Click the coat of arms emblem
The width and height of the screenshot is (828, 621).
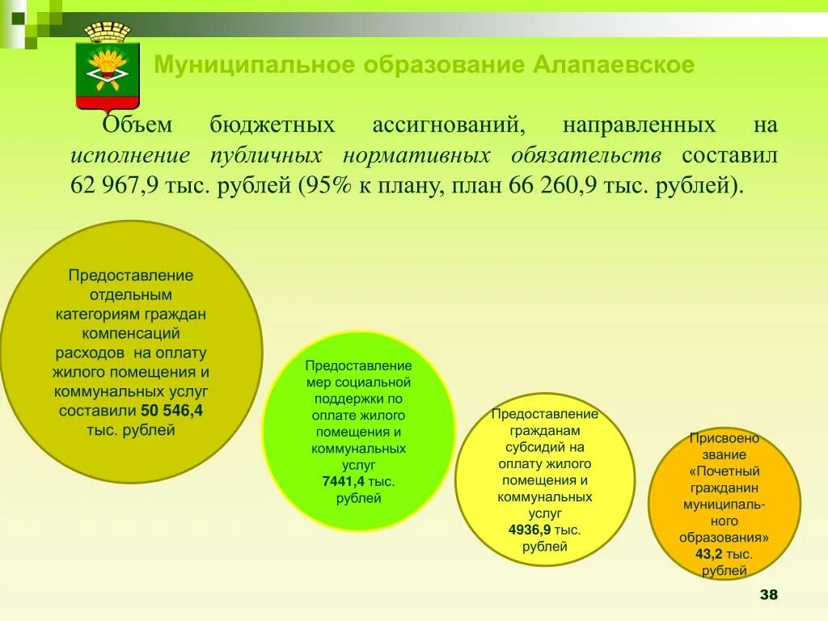point(108,66)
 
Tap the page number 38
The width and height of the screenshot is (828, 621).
point(768,595)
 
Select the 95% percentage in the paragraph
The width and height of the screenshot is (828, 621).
point(328,185)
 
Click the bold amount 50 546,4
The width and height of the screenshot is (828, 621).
point(171,411)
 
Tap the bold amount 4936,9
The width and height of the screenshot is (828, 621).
point(530,530)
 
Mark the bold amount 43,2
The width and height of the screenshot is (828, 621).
point(708,554)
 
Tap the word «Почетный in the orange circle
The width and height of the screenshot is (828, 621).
point(724,471)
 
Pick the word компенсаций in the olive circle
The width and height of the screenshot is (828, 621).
point(130,333)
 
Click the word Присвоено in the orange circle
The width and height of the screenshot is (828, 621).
point(724,438)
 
